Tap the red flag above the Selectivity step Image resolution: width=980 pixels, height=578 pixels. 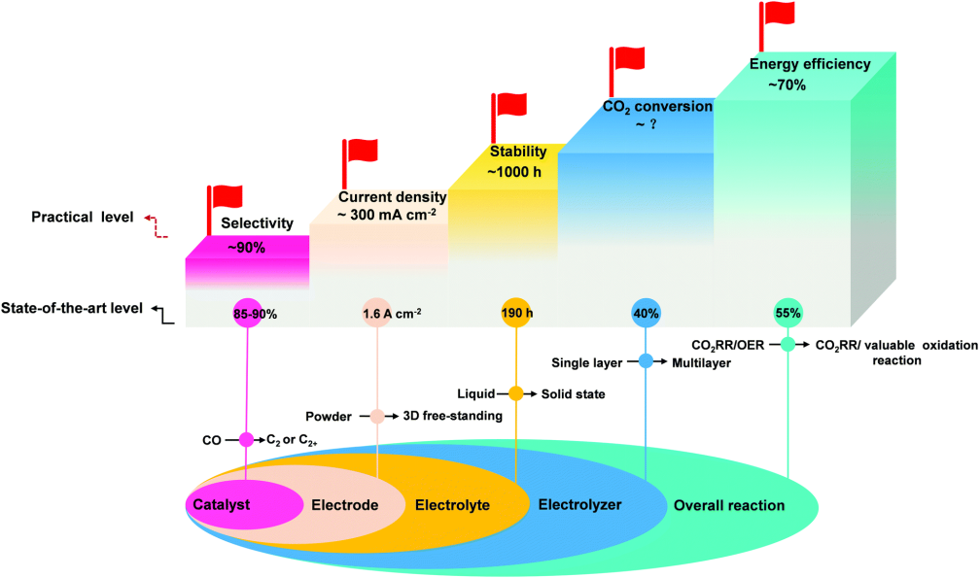227,194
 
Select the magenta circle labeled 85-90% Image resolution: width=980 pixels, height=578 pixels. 249,314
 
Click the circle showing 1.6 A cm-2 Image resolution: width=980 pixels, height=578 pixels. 377,314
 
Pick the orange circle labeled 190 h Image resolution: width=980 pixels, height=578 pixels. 515,314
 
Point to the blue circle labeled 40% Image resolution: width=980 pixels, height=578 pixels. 647,314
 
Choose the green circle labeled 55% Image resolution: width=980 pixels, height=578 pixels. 787,314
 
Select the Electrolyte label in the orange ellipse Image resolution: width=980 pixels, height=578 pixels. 452,505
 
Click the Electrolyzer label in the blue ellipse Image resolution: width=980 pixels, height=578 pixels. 579,505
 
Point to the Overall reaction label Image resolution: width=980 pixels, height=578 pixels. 729,506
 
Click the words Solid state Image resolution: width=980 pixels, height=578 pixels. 575,394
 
